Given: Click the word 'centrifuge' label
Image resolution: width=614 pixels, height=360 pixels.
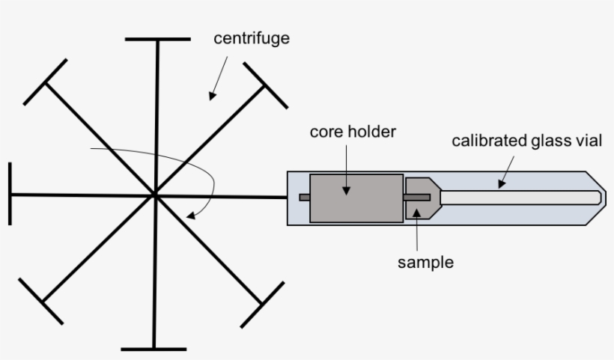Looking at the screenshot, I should (251, 39).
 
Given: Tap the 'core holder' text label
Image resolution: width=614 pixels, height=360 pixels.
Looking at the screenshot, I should (353, 132).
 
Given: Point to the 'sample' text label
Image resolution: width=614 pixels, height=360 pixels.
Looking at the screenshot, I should (425, 262).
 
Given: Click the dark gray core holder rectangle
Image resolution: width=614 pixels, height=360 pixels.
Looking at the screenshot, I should (356, 198).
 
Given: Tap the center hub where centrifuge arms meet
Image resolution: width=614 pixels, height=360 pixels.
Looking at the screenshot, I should (155, 195).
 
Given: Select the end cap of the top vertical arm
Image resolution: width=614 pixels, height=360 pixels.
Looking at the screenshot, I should (158, 38).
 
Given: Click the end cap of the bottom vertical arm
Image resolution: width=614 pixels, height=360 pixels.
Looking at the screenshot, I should (153, 349).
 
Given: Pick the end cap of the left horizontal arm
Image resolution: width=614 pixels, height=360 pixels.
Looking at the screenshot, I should (10, 193).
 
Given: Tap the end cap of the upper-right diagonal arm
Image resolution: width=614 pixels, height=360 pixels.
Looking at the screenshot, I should (266, 85).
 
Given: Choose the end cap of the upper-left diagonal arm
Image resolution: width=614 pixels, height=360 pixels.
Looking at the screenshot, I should (45, 83).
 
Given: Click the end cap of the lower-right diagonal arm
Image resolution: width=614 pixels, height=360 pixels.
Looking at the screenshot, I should (262, 305).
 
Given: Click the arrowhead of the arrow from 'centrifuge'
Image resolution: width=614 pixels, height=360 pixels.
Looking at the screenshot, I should (211, 97).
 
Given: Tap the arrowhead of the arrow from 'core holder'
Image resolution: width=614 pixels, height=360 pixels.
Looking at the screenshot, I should (347, 192).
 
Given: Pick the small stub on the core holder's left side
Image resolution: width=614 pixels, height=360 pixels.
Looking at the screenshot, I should (304, 198).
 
